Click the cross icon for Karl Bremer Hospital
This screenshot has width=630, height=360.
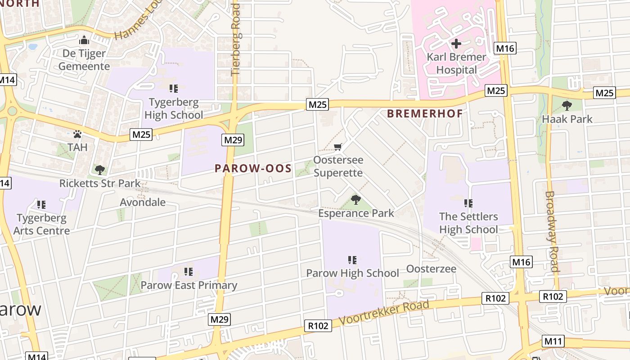(x=456, y=44)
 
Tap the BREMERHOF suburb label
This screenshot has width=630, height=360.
(x=425, y=113)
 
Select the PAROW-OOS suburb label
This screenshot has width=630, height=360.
(x=253, y=169)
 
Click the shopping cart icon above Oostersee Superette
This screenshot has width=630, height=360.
(x=338, y=147)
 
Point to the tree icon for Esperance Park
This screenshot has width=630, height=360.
(x=356, y=199)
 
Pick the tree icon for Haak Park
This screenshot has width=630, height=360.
(x=567, y=106)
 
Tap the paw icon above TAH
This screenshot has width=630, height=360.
(x=77, y=134)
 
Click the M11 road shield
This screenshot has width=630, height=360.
(x=553, y=341)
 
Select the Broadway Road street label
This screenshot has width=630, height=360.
(x=552, y=232)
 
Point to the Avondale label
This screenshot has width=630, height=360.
(x=143, y=202)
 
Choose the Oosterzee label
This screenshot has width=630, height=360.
(x=431, y=269)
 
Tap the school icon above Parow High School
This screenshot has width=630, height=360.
(x=352, y=260)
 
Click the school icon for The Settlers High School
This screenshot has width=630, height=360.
(x=468, y=203)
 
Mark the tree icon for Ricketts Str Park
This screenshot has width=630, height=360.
(x=100, y=170)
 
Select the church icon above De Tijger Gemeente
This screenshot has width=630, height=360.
(x=84, y=40)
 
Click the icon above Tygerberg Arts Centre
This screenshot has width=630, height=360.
(x=41, y=205)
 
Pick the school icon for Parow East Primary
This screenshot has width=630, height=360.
(x=189, y=272)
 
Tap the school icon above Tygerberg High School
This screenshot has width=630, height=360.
(x=174, y=89)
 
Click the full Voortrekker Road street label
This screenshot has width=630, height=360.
(x=384, y=313)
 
